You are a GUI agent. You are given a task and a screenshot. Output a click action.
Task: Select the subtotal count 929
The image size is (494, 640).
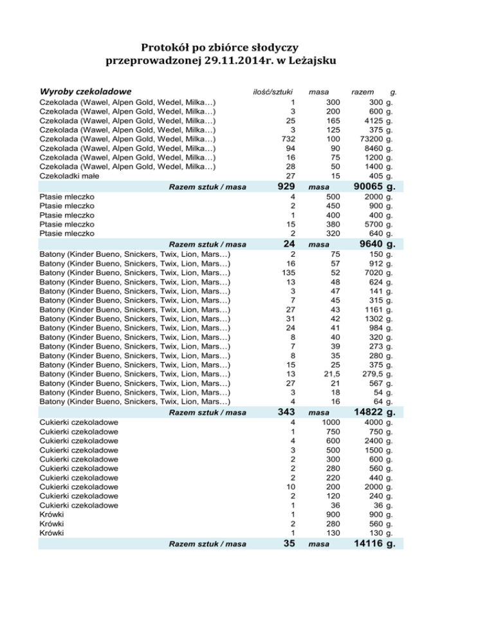[286, 187]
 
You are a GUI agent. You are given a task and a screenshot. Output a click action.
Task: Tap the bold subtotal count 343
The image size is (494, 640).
[286, 411]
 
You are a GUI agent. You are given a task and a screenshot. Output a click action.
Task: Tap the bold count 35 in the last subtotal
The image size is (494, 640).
[289, 545]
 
